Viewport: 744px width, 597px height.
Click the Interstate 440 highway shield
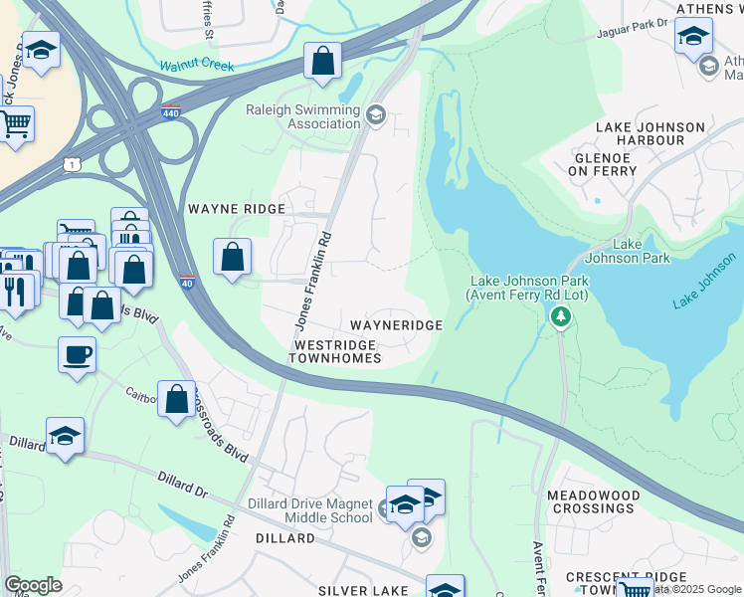click(x=171, y=114)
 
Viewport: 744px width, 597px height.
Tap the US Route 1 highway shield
click(x=72, y=163)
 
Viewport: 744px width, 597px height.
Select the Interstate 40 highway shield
click(x=187, y=284)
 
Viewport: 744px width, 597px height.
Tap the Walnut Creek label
click(x=196, y=67)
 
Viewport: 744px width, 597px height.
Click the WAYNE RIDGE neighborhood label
click(x=237, y=210)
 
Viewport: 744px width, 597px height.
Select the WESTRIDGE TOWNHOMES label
click(x=336, y=350)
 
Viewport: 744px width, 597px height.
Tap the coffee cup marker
click(x=77, y=355)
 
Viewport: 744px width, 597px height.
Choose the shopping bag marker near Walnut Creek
click(x=323, y=61)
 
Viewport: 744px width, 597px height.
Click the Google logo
click(x=33, y=585)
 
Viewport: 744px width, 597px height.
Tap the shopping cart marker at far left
click(x=15, y=124)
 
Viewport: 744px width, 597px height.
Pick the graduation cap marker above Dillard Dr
click(x=65, y=435)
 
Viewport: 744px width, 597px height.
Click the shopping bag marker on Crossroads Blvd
click(x=176, y=399)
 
